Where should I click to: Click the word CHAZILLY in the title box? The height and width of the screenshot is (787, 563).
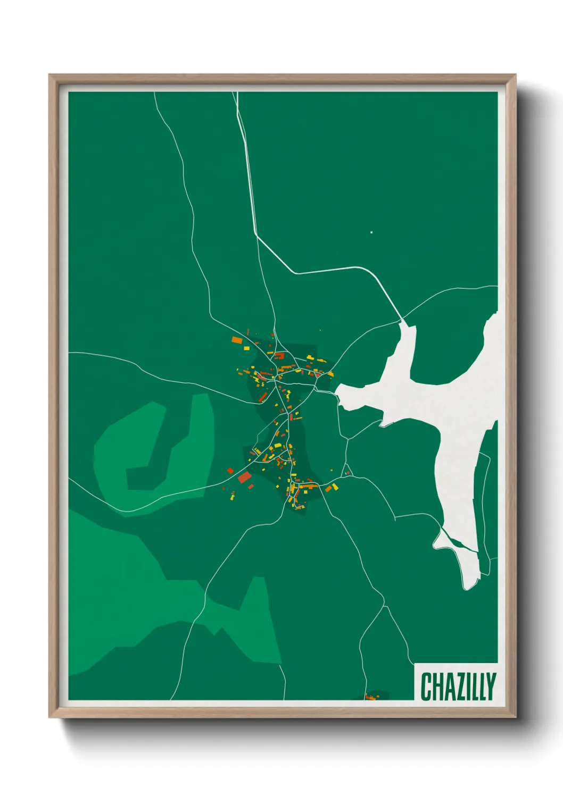coord(458,686)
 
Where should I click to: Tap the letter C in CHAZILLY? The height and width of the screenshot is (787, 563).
coord(426,686)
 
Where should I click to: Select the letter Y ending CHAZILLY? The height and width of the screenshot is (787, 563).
coord(491,686)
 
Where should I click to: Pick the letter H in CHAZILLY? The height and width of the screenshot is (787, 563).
coord(437,686)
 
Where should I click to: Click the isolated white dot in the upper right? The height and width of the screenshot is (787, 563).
coord(371,232)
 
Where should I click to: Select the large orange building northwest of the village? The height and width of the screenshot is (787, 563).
coord(237,339)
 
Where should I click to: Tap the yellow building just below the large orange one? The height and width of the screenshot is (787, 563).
coord(246,348)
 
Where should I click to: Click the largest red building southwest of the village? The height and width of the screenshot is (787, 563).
coord(244,477)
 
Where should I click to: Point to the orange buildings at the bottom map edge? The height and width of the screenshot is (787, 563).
coord(370,696)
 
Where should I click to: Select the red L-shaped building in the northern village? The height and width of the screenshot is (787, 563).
coord(279,355)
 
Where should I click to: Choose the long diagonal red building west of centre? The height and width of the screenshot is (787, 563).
coord(262,397)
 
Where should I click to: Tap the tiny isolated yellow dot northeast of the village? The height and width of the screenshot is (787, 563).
coord(320,330)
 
